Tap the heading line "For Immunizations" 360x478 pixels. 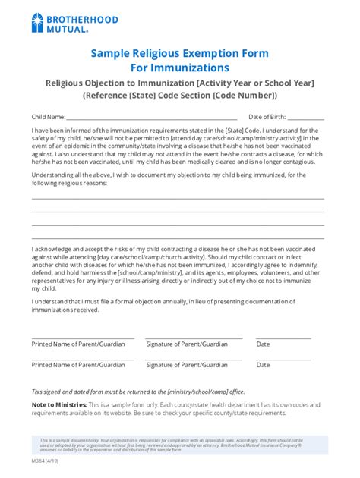[x=180, y=68]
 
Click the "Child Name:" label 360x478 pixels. [x=48, y=117]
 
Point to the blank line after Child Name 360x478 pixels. [x=152, y=119]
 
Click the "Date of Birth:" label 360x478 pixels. [x=267, y=117]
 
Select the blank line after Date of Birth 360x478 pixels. [x=307, y=119]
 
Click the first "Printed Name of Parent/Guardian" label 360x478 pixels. [x=78, y=344]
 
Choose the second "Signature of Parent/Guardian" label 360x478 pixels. [x=186, y=364]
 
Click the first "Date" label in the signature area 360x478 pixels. [x=264, y=344]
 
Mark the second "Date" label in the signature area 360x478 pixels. [x=264, y=364]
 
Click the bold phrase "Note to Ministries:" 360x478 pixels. [x=57, y=404]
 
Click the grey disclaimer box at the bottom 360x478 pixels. [x=179, y=445]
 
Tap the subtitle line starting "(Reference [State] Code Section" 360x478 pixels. [x=180, y=96]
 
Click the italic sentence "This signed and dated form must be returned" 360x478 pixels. [x=137, y=391]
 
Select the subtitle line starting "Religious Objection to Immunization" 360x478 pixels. [x=180, y=82]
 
